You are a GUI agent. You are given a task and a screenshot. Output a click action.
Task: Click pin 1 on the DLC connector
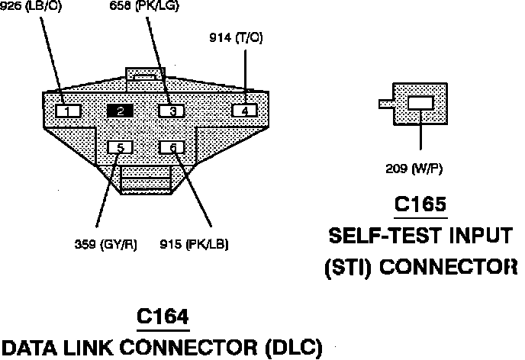pyautogui.click(x=69, y=111)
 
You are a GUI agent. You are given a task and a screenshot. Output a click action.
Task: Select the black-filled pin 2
pyautogui.click(x=121, y=111)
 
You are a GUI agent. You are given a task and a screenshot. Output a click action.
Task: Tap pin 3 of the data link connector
pyautogui.click(x=172, y=111)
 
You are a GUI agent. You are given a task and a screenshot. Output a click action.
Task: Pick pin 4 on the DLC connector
pyautogui.click(x=244, y=111)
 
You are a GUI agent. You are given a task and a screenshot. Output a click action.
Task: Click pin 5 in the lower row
pyautogui.click(x=121, y=147)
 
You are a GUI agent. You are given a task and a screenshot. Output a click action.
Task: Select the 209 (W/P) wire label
pyautogui.click(x=414, y=169)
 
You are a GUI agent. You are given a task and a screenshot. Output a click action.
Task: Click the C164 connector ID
pyautogui.click(x=163, y=315)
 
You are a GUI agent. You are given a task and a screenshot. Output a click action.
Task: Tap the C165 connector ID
pyautogui.click(x=420, y=206)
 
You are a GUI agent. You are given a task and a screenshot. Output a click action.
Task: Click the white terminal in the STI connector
pyautogui.click(x=421, y=104)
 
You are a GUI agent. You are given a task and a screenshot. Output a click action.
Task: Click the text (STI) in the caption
pyautogui.click(x=348, y=267)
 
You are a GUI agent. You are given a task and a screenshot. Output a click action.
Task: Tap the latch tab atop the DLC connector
pyautogui.click(x=144, y=74)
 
